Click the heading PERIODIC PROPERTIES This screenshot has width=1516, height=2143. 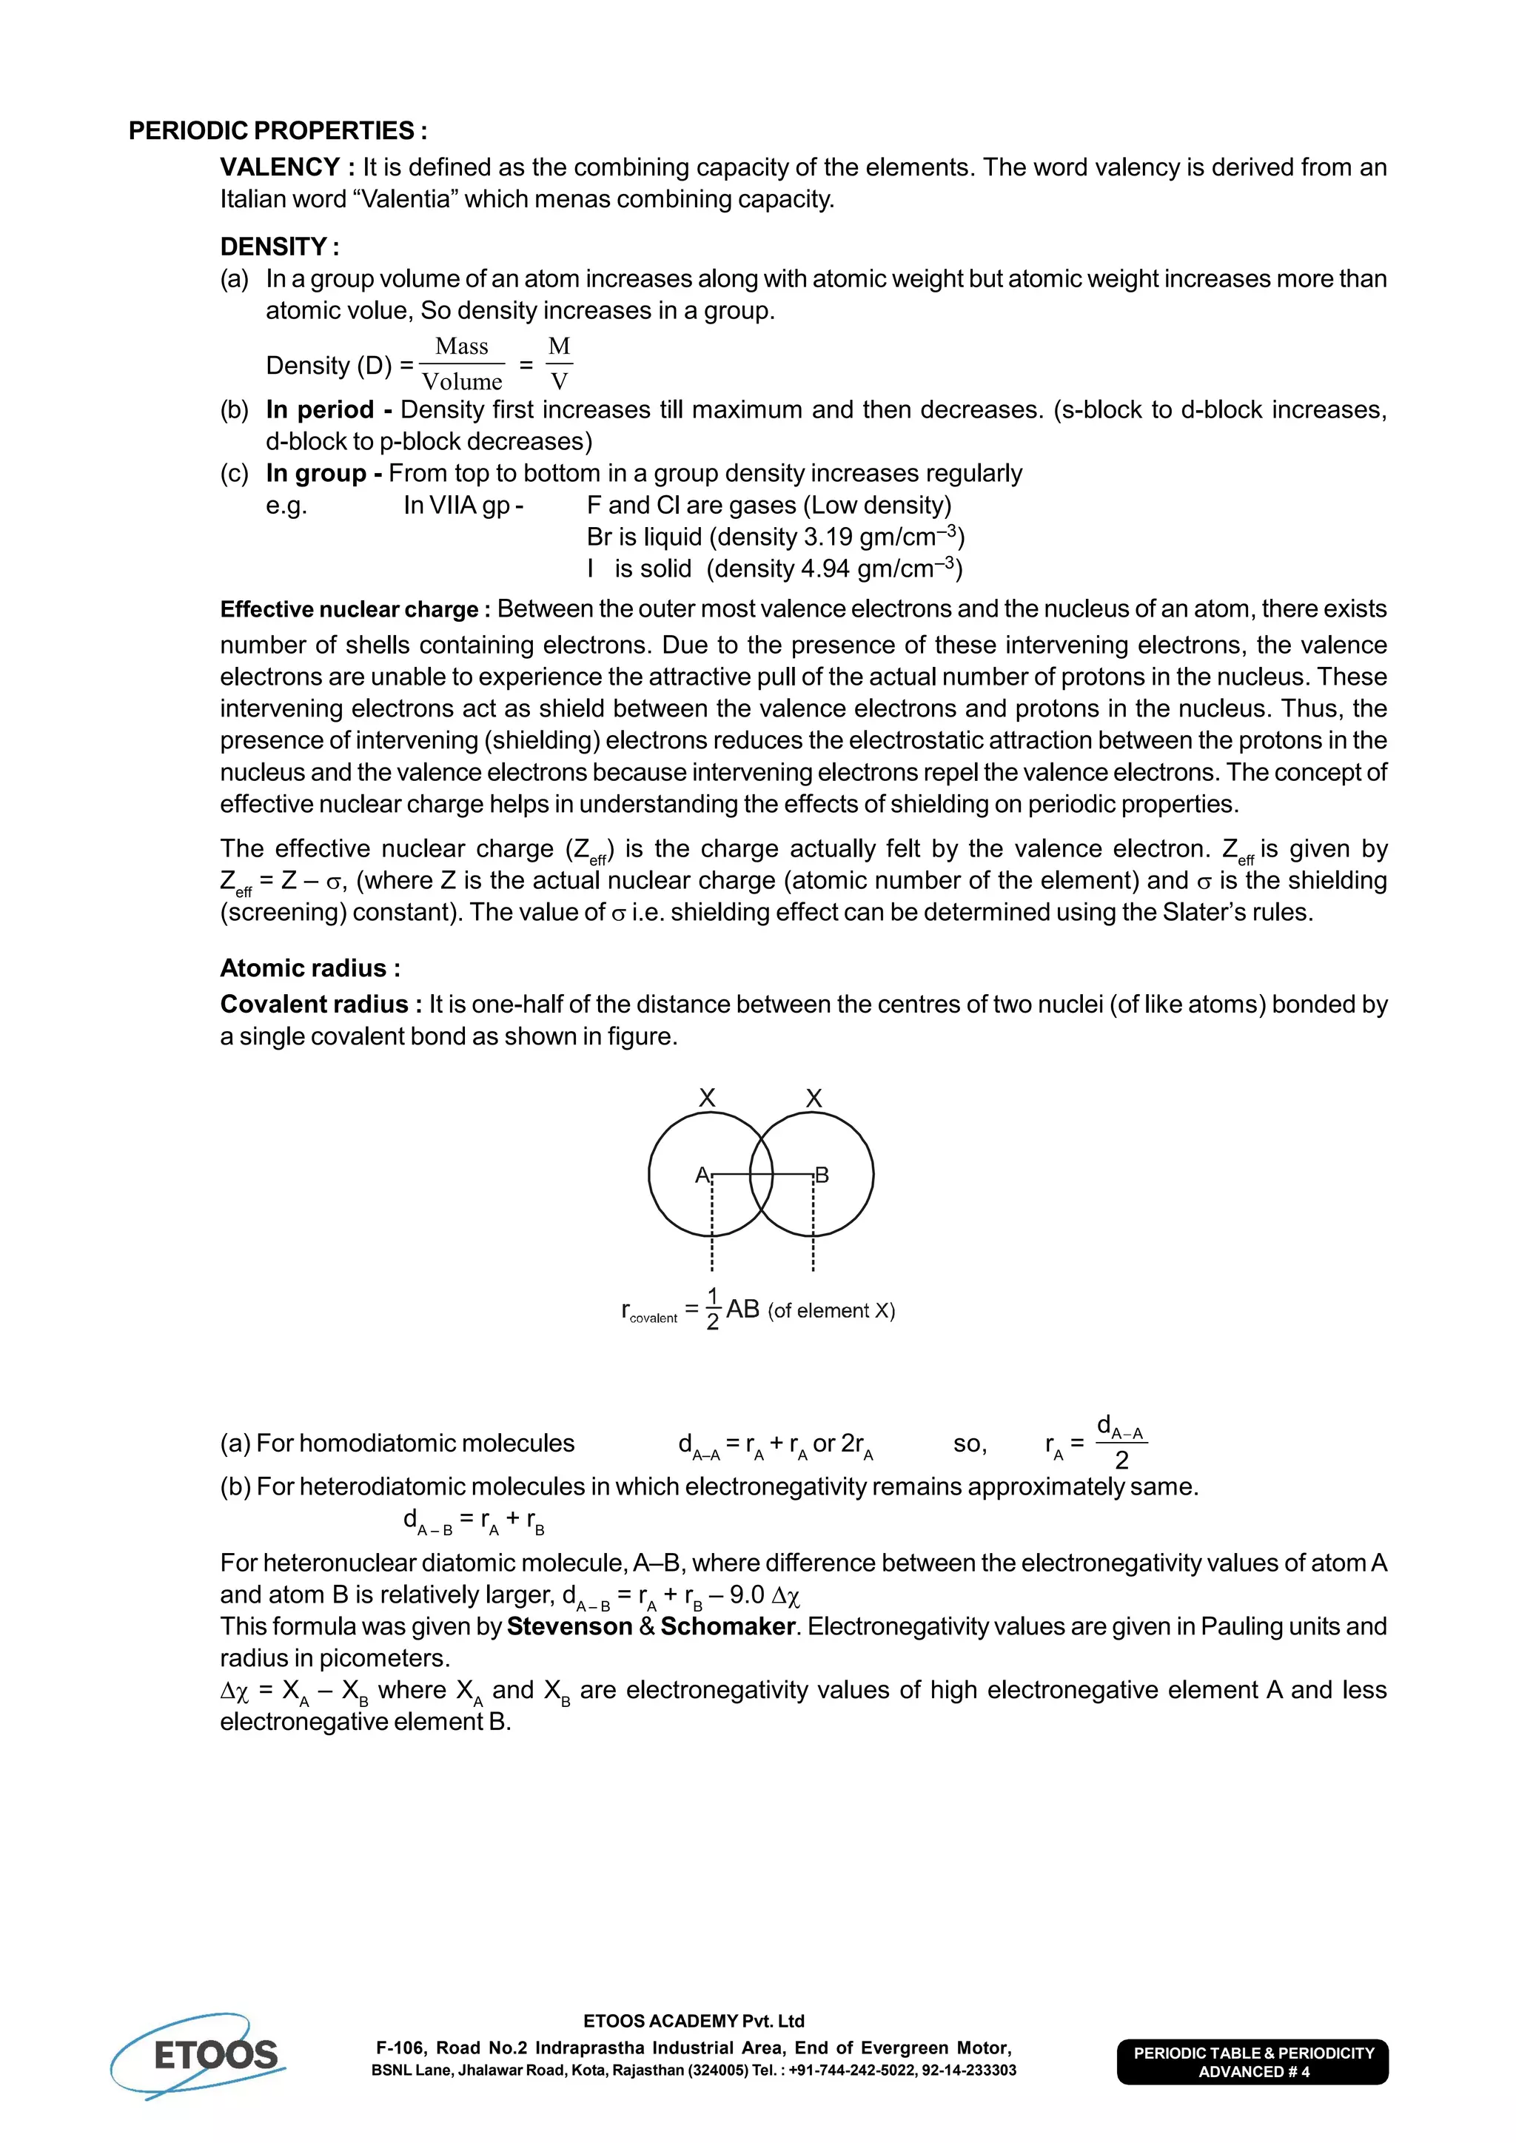(x=278, y=131)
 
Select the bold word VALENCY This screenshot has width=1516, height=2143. (x=280, y=167)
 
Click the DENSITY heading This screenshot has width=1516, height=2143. (x=279, y=247)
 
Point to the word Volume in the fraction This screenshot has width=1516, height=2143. (x=462, y=382)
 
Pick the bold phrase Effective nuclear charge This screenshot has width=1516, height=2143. (x=349, y=609)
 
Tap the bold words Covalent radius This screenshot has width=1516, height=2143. (x=314, y=1005)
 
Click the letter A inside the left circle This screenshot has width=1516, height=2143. (x=702, y=1175)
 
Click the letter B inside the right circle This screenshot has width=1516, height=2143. (x=822, y=1175)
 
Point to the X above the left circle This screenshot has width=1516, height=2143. (x=708, y=1099)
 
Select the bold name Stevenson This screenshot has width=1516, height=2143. (x=569, y=1627)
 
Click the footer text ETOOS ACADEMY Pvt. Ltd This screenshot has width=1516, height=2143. (x=694, y=2021)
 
